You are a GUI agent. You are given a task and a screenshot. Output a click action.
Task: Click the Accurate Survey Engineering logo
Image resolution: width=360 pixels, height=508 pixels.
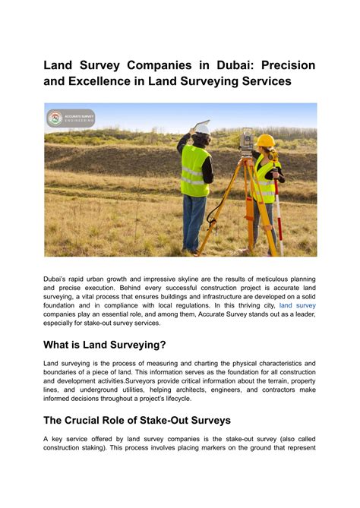click(x=70, y=118)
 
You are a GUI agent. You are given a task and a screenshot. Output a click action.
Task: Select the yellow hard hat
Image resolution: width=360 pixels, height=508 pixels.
click(x=265, y=141)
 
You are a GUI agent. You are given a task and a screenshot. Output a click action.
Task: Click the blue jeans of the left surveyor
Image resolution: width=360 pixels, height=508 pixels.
click(x=194, y=220)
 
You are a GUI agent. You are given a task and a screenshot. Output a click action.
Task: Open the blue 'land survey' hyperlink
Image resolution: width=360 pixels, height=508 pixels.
click(x=297, y=305)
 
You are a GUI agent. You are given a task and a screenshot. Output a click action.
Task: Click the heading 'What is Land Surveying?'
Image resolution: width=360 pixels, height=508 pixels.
click(x=105, y=344)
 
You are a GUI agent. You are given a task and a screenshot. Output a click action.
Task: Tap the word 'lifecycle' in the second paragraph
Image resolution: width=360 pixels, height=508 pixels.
click(x=173, y=398)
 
